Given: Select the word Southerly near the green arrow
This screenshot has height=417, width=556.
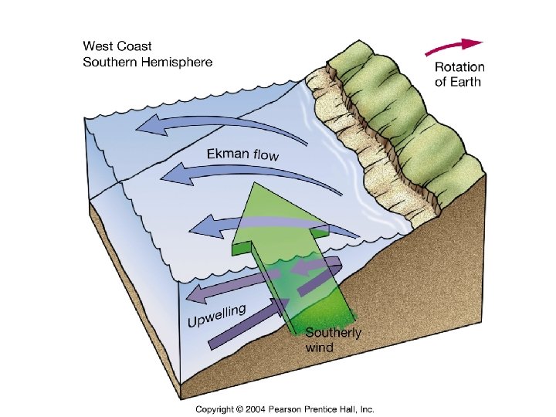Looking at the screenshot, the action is coord(333,333).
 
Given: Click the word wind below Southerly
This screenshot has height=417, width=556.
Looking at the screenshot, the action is coord(320,347).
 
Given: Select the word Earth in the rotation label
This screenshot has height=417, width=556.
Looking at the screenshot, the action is coord(466,82).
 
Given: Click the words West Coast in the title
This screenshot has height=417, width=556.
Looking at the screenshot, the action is coord(119,47).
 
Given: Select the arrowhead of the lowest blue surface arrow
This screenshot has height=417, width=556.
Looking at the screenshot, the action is coord(199,228).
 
